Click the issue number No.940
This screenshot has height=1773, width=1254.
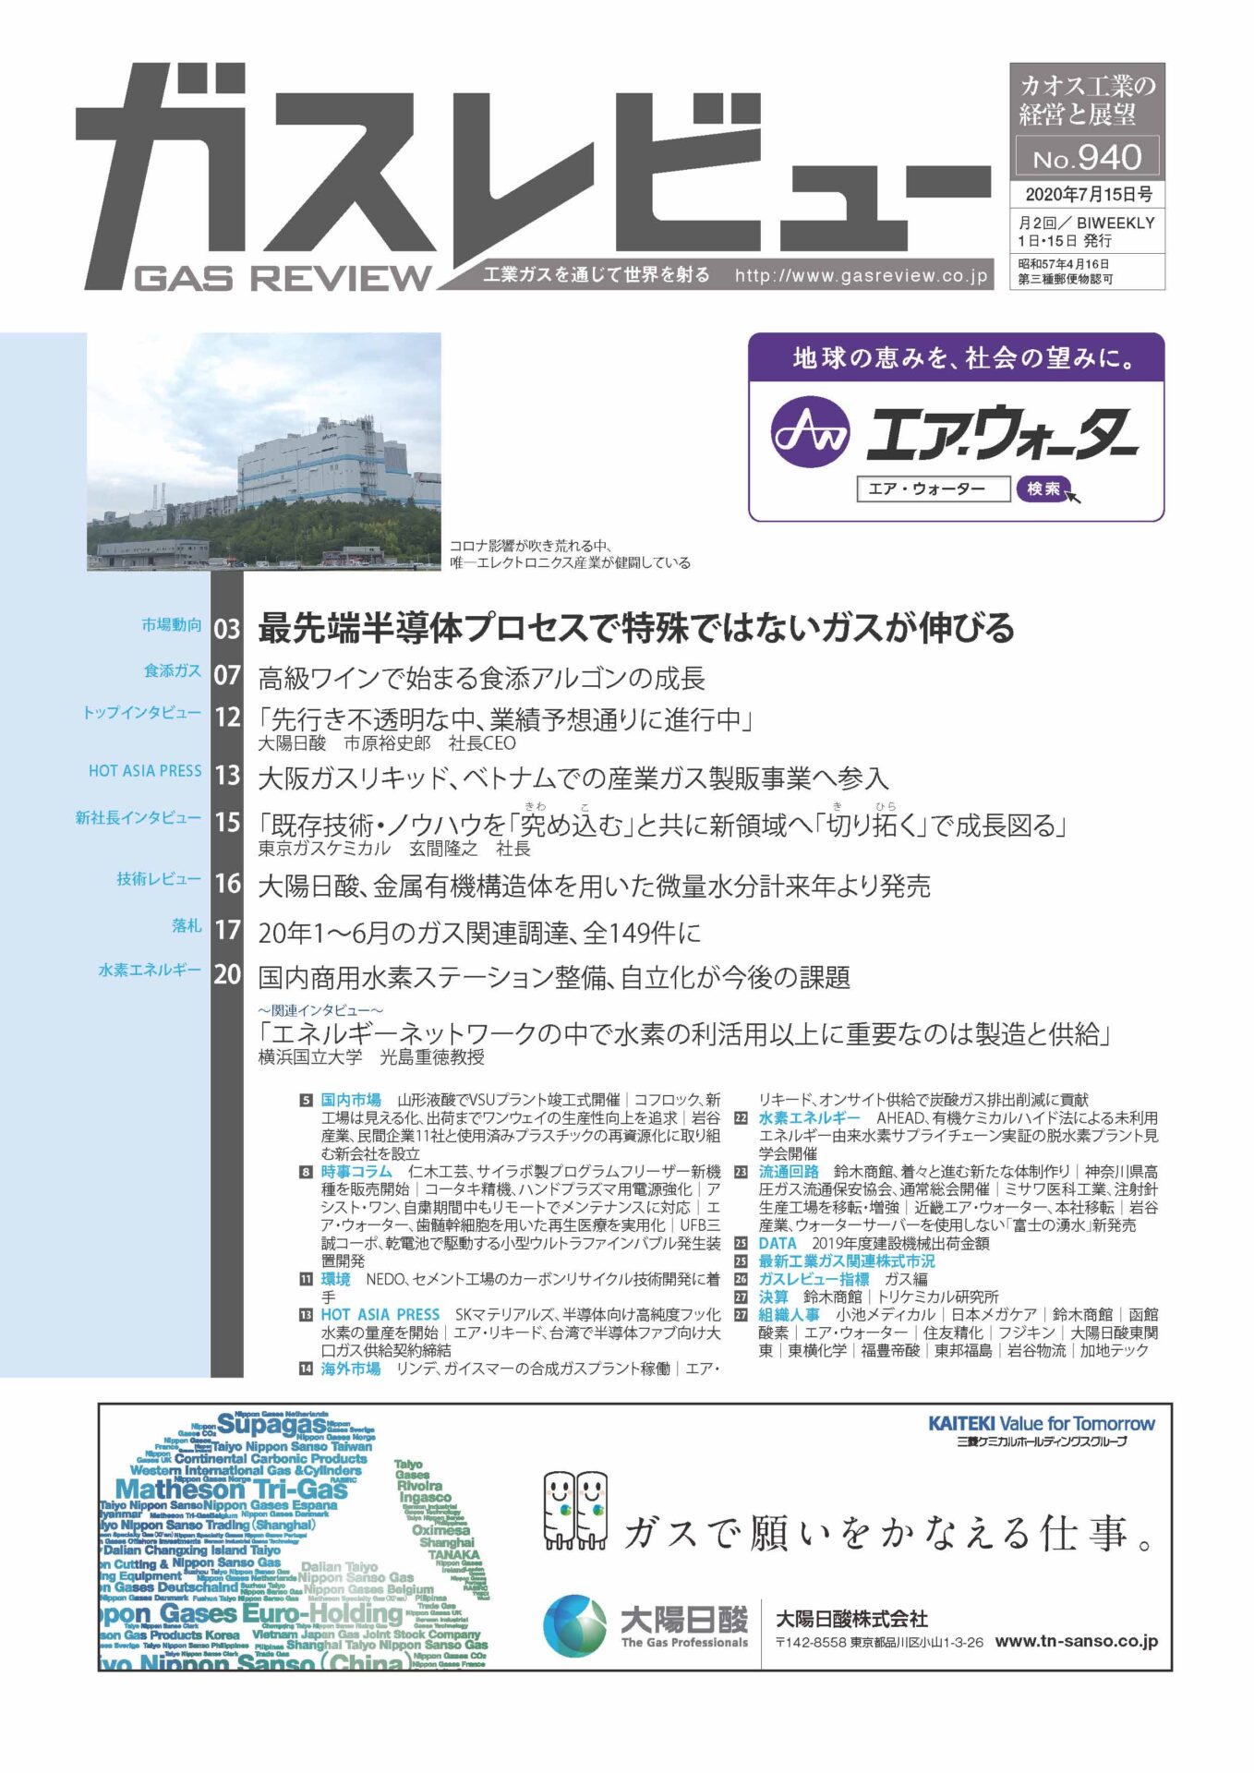(1087, 158)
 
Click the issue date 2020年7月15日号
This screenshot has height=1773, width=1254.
(1088, 195)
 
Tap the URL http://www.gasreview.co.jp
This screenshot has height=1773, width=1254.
(861, 275)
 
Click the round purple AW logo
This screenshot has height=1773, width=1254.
(810, 431)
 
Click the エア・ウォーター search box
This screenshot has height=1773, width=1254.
(933, 488)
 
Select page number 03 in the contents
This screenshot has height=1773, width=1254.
(227, 629)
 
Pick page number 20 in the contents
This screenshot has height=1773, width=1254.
(227, 974)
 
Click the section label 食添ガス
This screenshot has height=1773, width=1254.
(172, 670)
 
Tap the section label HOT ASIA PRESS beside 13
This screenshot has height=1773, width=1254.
(145, 770)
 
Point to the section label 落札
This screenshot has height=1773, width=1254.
(187, 925)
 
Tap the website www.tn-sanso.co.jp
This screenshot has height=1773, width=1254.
(1076, 1641)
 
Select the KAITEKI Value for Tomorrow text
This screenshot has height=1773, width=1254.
(1041, 1423)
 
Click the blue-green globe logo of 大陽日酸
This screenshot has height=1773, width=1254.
(574, 1626)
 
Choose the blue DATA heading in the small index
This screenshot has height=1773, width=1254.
(777, 1243)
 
